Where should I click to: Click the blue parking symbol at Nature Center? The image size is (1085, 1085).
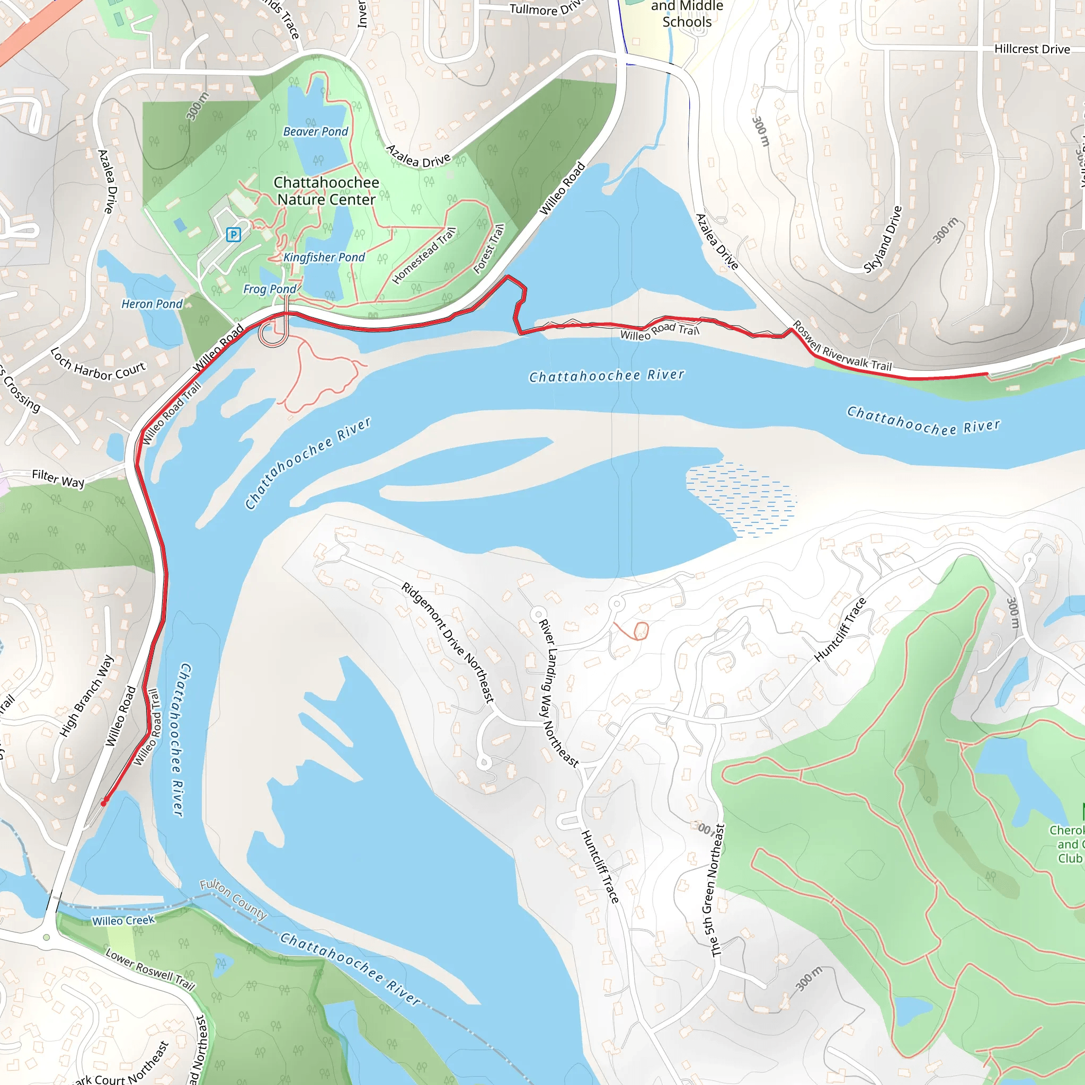click(234, 234)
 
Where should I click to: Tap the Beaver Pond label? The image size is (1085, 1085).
click(316, 131)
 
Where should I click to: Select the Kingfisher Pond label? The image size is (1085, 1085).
click(324, 257)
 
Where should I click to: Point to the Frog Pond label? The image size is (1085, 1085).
click(270, 289)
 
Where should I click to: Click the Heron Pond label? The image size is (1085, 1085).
click(152, 304)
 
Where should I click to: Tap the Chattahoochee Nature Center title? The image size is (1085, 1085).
click(326, 191)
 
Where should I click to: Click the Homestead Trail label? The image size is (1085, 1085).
click(424, 255)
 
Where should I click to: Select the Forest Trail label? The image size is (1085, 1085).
click(489, 249)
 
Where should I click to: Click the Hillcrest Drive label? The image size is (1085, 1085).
click(1031, 49)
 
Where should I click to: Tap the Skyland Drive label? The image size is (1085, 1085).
click(882, 240)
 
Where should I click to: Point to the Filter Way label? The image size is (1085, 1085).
click(58, 478)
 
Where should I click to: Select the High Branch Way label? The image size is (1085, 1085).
click(86, 696)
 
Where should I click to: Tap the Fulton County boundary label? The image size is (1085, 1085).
click(233, 899)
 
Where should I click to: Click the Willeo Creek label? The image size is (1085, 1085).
click(123, 920)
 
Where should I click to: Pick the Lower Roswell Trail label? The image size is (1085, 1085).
click(150, 970)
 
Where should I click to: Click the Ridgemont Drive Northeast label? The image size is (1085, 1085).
click(448, 643)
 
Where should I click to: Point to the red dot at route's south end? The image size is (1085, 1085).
click(103, 804)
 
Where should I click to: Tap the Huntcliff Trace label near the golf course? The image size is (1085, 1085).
click(840, 629)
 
